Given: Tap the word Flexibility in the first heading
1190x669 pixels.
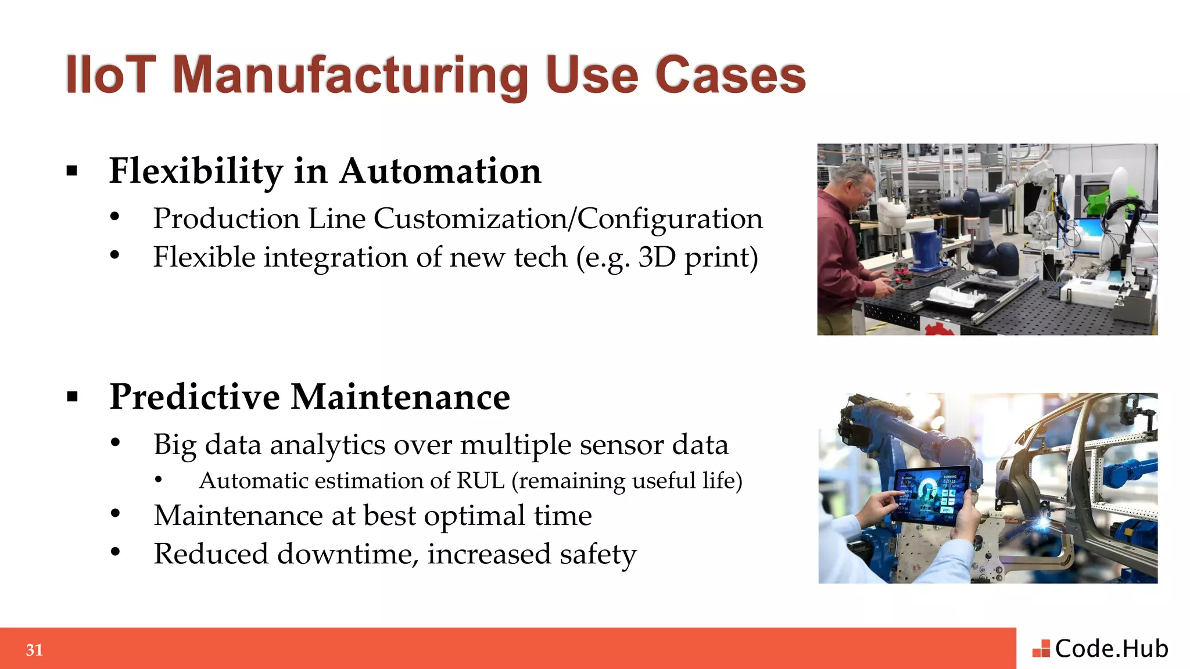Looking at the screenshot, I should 196,171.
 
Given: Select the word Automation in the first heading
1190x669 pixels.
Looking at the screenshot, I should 440,171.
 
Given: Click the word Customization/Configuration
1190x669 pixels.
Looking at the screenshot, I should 568,219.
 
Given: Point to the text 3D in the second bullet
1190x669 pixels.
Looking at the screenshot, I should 657,257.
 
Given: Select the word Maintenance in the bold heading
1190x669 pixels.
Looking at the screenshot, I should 400,398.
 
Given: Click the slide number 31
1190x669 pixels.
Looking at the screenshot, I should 34,650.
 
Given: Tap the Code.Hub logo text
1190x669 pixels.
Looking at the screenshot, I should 1111,649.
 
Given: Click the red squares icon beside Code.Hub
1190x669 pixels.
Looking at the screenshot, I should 1041,649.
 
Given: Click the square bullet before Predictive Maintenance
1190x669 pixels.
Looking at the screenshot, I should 72,397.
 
